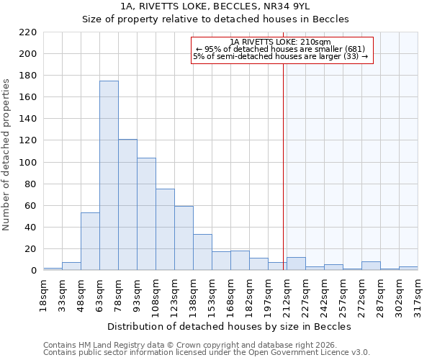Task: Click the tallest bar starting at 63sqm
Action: pyautogui.click(x=109, y=176)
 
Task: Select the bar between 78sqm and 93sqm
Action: pyautogui.click(x=127, y=205)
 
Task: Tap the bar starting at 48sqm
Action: pyautogui.click(x=90, y=242)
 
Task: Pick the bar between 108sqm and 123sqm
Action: pyautogui.click(x=165, y=230)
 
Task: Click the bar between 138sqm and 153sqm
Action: pyautogui.click(x=202, y=253)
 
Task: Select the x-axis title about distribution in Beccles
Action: pyautogui.click(x=233, y=326)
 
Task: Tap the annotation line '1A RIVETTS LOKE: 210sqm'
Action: pyautogui.click(x=282, y=42)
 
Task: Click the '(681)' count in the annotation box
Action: pyautogui.click(x=354, y=49)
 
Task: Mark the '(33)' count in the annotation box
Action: pyautogui.click(x=356, y=56)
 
